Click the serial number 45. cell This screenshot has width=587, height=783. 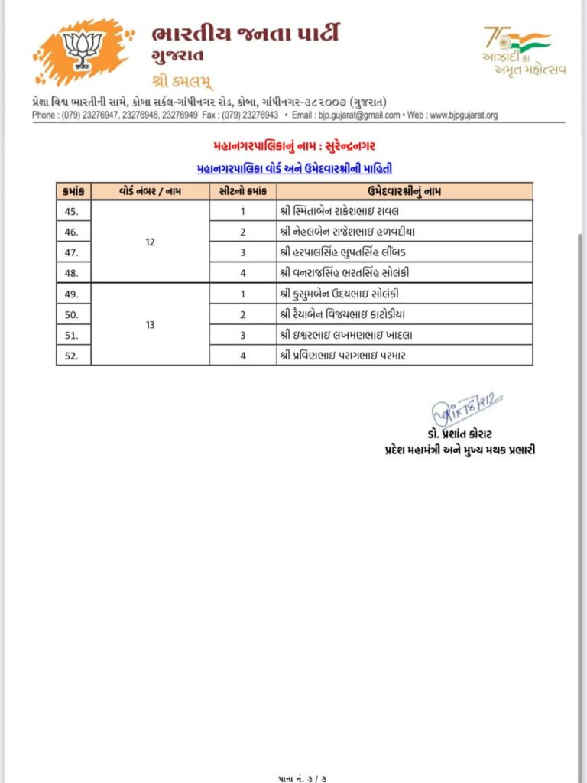[74, 211]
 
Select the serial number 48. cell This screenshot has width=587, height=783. [74, 273]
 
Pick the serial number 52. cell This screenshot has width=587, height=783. [74, 356]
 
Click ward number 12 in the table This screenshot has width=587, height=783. [150, 242]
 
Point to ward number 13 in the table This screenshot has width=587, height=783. [150, 324]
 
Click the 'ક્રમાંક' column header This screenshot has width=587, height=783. [74, 190]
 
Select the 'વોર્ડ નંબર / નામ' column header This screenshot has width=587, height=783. [150, 190]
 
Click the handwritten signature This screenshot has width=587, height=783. [467, 409]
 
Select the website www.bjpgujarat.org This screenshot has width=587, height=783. [463, 115]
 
